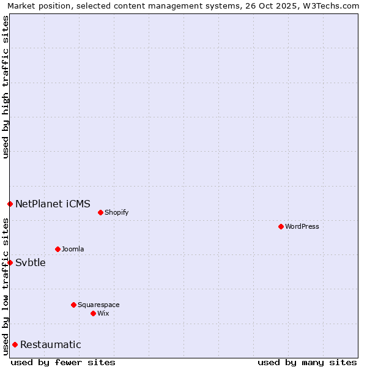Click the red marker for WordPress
point(281,226)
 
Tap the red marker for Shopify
point(100,212)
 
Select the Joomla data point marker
point(57,249)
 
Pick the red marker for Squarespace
point(73,305)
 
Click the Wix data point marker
point(93,313)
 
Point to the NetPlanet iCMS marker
point(10,204)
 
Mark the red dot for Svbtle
point(10,262)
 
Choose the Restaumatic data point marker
point(15,344)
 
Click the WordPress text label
point(302,227)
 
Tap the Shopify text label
point(116,213)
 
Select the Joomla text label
point(73,250)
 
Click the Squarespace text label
point(98,305)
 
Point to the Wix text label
point(103,314)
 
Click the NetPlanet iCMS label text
point(53,204)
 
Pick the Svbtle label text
point(31,263)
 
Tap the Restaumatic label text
point(50,345)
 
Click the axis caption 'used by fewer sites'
point(63,362)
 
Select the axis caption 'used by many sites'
point(307,362)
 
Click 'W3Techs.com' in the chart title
point(333,6)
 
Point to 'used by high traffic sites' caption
point(6,87)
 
